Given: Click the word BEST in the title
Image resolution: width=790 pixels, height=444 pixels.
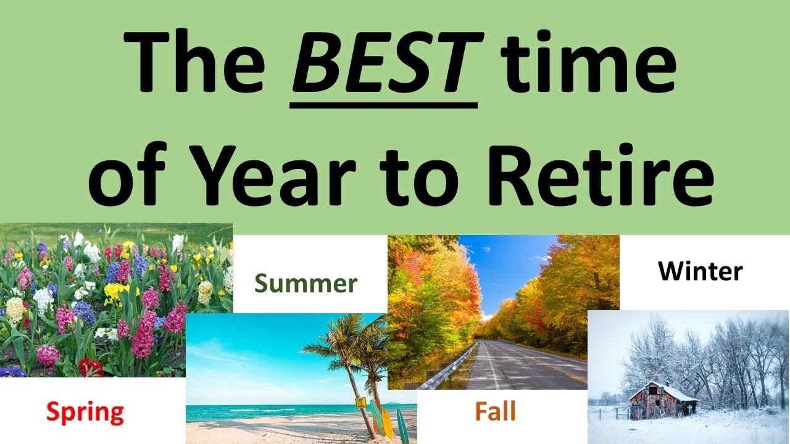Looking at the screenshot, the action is point(388,62).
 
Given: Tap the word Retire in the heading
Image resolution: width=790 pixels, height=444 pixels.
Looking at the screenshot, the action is point(601,174).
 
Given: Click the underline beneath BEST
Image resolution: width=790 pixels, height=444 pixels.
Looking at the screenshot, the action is point(384,105).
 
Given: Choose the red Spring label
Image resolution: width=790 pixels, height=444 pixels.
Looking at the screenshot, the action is point(85,413).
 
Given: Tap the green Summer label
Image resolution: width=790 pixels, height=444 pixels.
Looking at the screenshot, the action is point(306,284).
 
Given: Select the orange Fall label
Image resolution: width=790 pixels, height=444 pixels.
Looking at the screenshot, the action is point(495,411).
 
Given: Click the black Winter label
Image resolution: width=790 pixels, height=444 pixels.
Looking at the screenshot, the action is point(701,271).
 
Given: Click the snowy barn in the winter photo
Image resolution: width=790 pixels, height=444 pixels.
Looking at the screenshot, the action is point(662,401).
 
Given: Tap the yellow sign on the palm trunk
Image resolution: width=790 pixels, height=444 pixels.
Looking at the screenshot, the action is point(361,403).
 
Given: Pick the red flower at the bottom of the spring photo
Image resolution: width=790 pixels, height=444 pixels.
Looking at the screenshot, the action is point(91,368).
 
